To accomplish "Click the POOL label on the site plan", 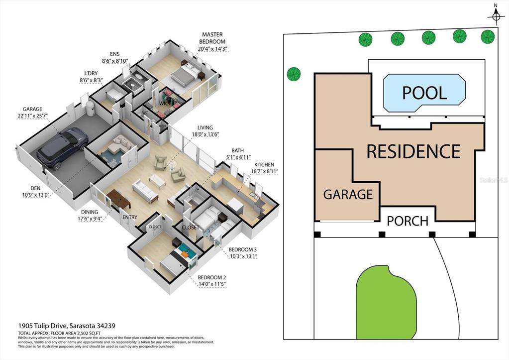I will [424, 93].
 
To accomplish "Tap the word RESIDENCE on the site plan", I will [413, 151].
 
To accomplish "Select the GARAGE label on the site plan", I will [348, 194].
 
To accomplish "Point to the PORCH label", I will [407, 221].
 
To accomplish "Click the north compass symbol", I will [496, 16].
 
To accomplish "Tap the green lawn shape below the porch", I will [386, 303].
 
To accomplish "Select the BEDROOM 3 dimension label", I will [243, 253].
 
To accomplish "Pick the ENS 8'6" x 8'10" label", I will [115, 58].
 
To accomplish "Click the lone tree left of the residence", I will [294, 74].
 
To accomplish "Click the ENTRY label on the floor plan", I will [129, 217].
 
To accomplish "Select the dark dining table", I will [118, 199].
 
